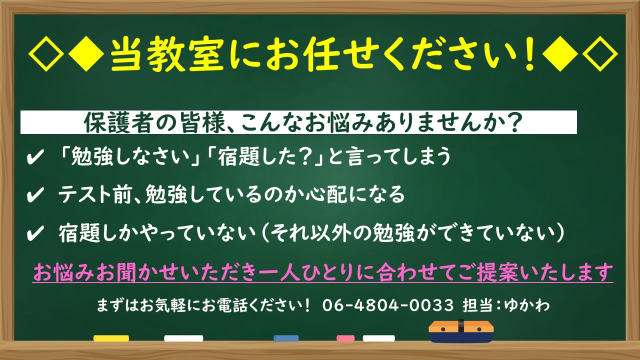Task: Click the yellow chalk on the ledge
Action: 111,338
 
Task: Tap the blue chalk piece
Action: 286,338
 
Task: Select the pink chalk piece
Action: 345,338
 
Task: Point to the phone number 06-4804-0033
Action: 387,305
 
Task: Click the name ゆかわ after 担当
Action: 526,305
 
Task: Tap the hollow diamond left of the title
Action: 46,54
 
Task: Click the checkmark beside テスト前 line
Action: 35,195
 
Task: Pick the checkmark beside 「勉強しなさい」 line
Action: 35,157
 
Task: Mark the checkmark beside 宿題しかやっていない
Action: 35,233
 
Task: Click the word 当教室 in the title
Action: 167,54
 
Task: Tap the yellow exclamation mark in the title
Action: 529,54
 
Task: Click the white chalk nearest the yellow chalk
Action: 183,338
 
